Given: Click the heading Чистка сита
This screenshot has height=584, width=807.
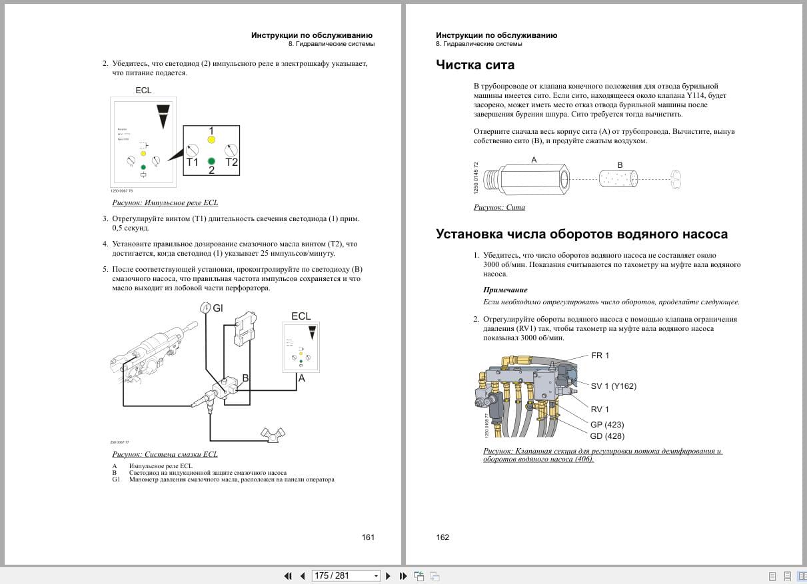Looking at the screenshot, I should [x=474, y=65].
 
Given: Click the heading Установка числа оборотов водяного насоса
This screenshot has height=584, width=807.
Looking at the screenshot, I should [x=581, y=234].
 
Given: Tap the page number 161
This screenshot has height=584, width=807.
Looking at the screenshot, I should [x=368, y=537].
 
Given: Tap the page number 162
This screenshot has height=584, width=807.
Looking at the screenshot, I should [x=442, y=537].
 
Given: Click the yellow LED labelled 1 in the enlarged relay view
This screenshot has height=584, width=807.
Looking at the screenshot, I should [x=211, y=140].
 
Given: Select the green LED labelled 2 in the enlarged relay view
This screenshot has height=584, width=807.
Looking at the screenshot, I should [x=211, y=161].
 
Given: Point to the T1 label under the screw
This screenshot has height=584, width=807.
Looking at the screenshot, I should [x=192, y=162].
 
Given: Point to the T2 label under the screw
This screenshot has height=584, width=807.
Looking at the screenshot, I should [x=231, y=162].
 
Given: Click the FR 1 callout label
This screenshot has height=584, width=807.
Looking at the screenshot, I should [x=600, y=356].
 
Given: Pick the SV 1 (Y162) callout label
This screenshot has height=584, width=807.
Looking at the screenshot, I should [x=613, y=386].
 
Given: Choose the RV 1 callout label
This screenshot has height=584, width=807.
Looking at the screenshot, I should [x=600, y=410].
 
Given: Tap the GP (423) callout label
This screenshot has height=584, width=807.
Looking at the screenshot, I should [x=607, y=424].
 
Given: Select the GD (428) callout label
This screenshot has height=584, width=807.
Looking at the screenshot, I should [x=607, y=436].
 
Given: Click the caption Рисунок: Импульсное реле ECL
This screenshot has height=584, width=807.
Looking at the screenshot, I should [x=165, y=202].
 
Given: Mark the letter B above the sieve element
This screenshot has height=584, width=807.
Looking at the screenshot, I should [x=620, y=165].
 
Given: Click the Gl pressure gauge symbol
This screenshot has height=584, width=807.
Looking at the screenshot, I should [x=206, y=307].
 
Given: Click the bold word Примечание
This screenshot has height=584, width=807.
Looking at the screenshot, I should [x=504, y=290].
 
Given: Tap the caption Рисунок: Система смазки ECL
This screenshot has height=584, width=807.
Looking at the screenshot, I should [x=165, y=454].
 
